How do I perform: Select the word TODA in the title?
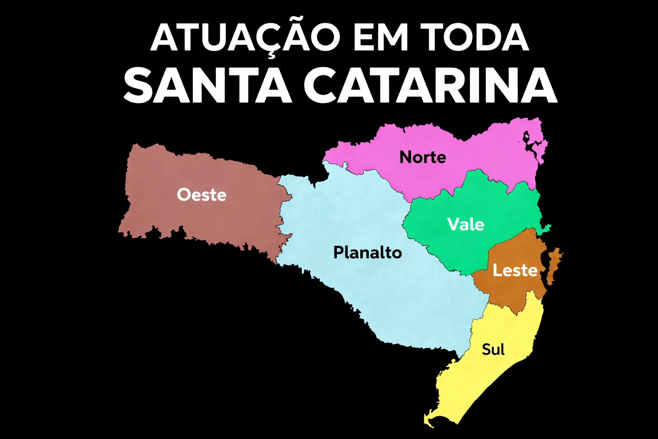click(x=476, y=38)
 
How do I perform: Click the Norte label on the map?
click(x=422, y=157)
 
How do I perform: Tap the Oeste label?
click(x=201, y=195)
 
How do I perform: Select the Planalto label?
click(x=368, y=253)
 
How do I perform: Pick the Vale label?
click(x=466, y=225)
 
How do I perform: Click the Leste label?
click(x=514, y=271)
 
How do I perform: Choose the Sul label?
click(x=493, y=349)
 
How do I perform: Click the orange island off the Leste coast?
click(x=554, y=266)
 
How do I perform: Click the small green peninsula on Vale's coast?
click(x=546, y=228)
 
